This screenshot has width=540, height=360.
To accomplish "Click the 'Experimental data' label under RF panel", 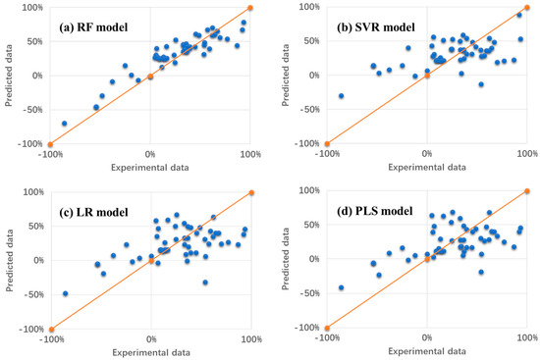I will pyautogui.click(x=150, y=168).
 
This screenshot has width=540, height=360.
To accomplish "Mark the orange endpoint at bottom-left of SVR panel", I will pyautogui.click(x=327, y=144).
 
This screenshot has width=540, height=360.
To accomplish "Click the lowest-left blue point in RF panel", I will pyautogui.click(x=65, y=124).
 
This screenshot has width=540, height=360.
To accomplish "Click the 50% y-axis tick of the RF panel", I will pyautogui.click(x=31, y=41).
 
